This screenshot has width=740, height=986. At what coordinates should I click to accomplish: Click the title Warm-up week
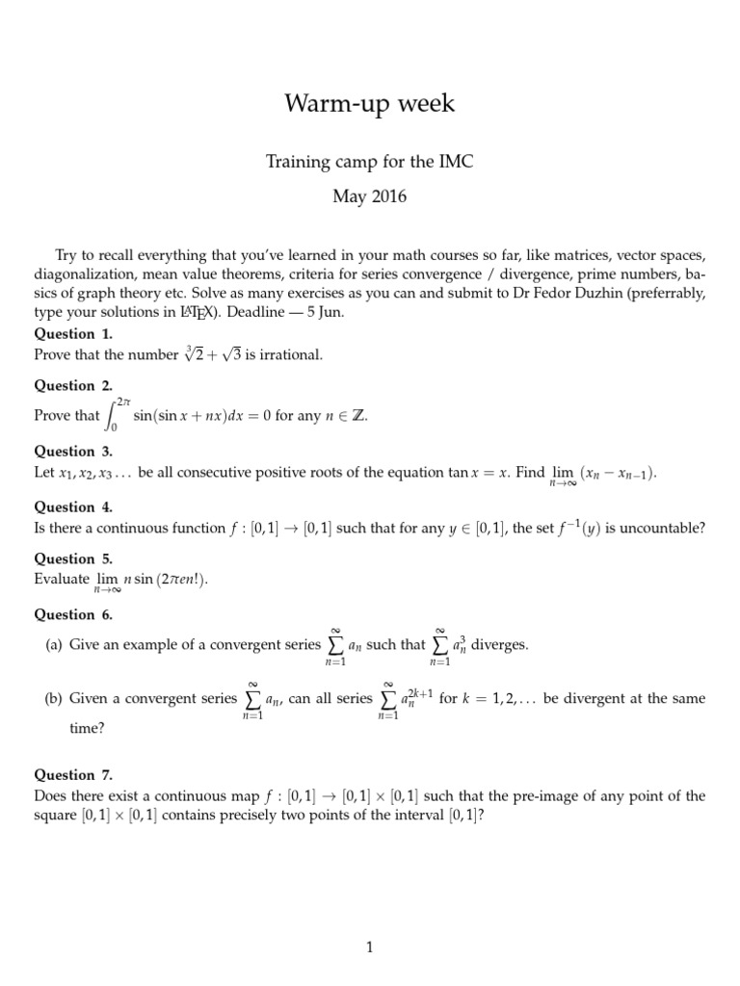tap(369, 104)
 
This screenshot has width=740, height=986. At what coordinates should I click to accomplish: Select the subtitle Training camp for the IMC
tap(369, 162)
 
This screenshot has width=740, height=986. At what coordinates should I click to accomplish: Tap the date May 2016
tap(369, 197)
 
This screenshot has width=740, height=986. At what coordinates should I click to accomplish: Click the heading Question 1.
tap(73, 334)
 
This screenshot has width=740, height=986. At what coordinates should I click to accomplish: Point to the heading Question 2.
tap(73, 386)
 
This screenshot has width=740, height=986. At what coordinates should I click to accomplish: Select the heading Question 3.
tap(73, 451)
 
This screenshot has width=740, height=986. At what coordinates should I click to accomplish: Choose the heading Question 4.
tap(73, 506)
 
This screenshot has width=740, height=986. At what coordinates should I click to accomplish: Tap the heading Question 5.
tap(73, 558)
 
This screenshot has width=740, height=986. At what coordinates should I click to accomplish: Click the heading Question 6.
tap(73, 614)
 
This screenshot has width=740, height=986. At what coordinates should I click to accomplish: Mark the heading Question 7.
tap(73, 774)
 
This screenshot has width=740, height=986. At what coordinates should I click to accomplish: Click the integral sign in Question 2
tap(114, 416)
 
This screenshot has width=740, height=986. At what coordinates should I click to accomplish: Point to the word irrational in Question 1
tap(291, 354)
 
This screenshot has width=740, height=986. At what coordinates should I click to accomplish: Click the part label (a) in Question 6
tap(54, 645)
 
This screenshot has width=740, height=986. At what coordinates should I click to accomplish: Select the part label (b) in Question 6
tap(54, 699)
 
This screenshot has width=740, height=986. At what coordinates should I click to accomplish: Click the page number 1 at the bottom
tap(369, 948)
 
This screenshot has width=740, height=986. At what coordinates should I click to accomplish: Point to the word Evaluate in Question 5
tap(62, 580)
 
